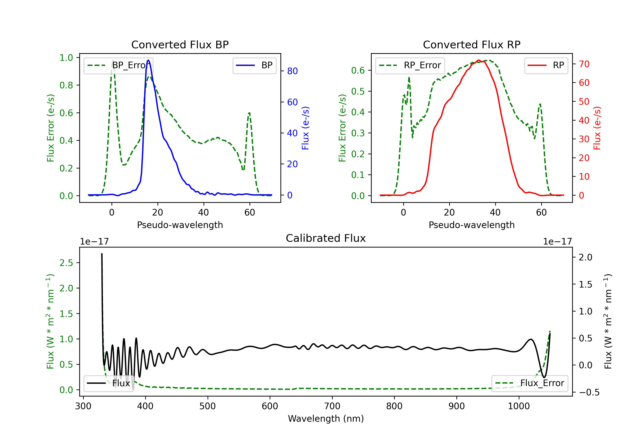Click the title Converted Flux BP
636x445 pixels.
coord(180,44)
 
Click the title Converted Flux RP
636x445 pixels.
coord(472,44)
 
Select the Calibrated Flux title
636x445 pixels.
coord(326,238)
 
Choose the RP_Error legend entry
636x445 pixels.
coord(410,65)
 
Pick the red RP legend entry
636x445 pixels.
coord(546,65)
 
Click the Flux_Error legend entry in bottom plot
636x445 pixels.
coord(530,383)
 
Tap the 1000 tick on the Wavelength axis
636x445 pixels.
coord(519,406)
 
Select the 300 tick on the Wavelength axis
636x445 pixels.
coord(83,406)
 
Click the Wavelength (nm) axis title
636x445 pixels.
coord(326,419)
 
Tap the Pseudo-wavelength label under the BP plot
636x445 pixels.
coord(180,225)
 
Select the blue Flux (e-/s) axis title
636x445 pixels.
coord(305,128)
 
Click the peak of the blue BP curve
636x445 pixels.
coord(148,60)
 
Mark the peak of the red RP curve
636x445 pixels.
coord(478,60)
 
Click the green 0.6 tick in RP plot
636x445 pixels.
coord(358,70)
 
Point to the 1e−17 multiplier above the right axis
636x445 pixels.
coord(557,242)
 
